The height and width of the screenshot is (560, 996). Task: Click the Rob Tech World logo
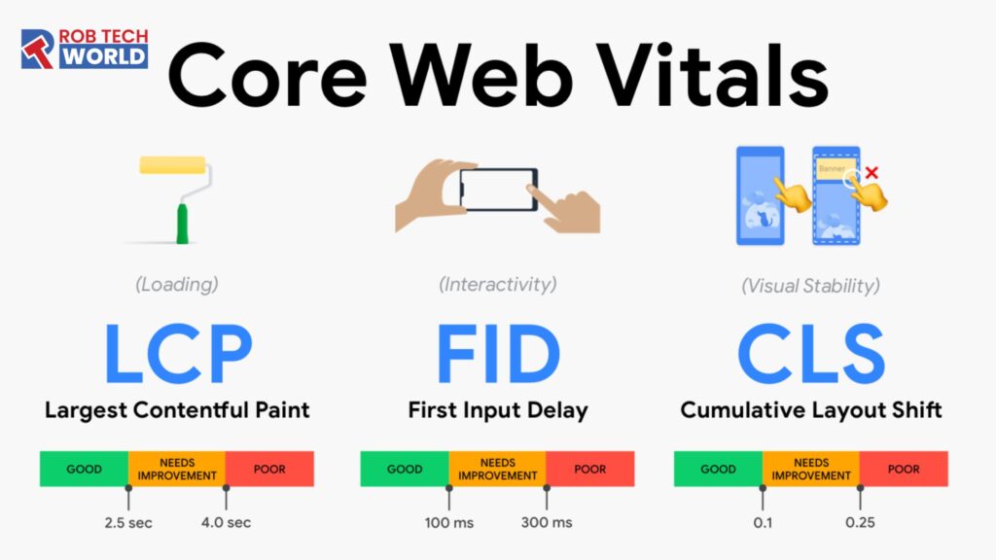pos(85,50)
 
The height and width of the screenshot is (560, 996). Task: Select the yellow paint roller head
pos(172,166)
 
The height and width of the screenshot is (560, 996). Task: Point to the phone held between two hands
pos(497,189)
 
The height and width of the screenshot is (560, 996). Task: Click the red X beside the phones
pos(871,174)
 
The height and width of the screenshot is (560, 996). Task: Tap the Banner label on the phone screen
pos(832,168)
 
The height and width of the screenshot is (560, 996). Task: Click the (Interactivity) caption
pos(498,285)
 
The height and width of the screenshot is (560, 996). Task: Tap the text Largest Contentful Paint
pos(177,410)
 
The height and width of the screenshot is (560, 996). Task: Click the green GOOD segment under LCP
pos(85,469)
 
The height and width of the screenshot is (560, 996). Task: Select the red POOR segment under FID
pos(589,469)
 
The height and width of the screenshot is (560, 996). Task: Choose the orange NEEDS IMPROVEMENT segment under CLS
pos(810,469)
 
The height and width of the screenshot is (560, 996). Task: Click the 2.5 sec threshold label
pos(128,522)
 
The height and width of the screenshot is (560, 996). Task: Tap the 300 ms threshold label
pos(546,522)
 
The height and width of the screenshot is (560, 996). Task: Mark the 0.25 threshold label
pos(860,522)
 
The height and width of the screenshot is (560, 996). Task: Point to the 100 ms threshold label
pos(448,522)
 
